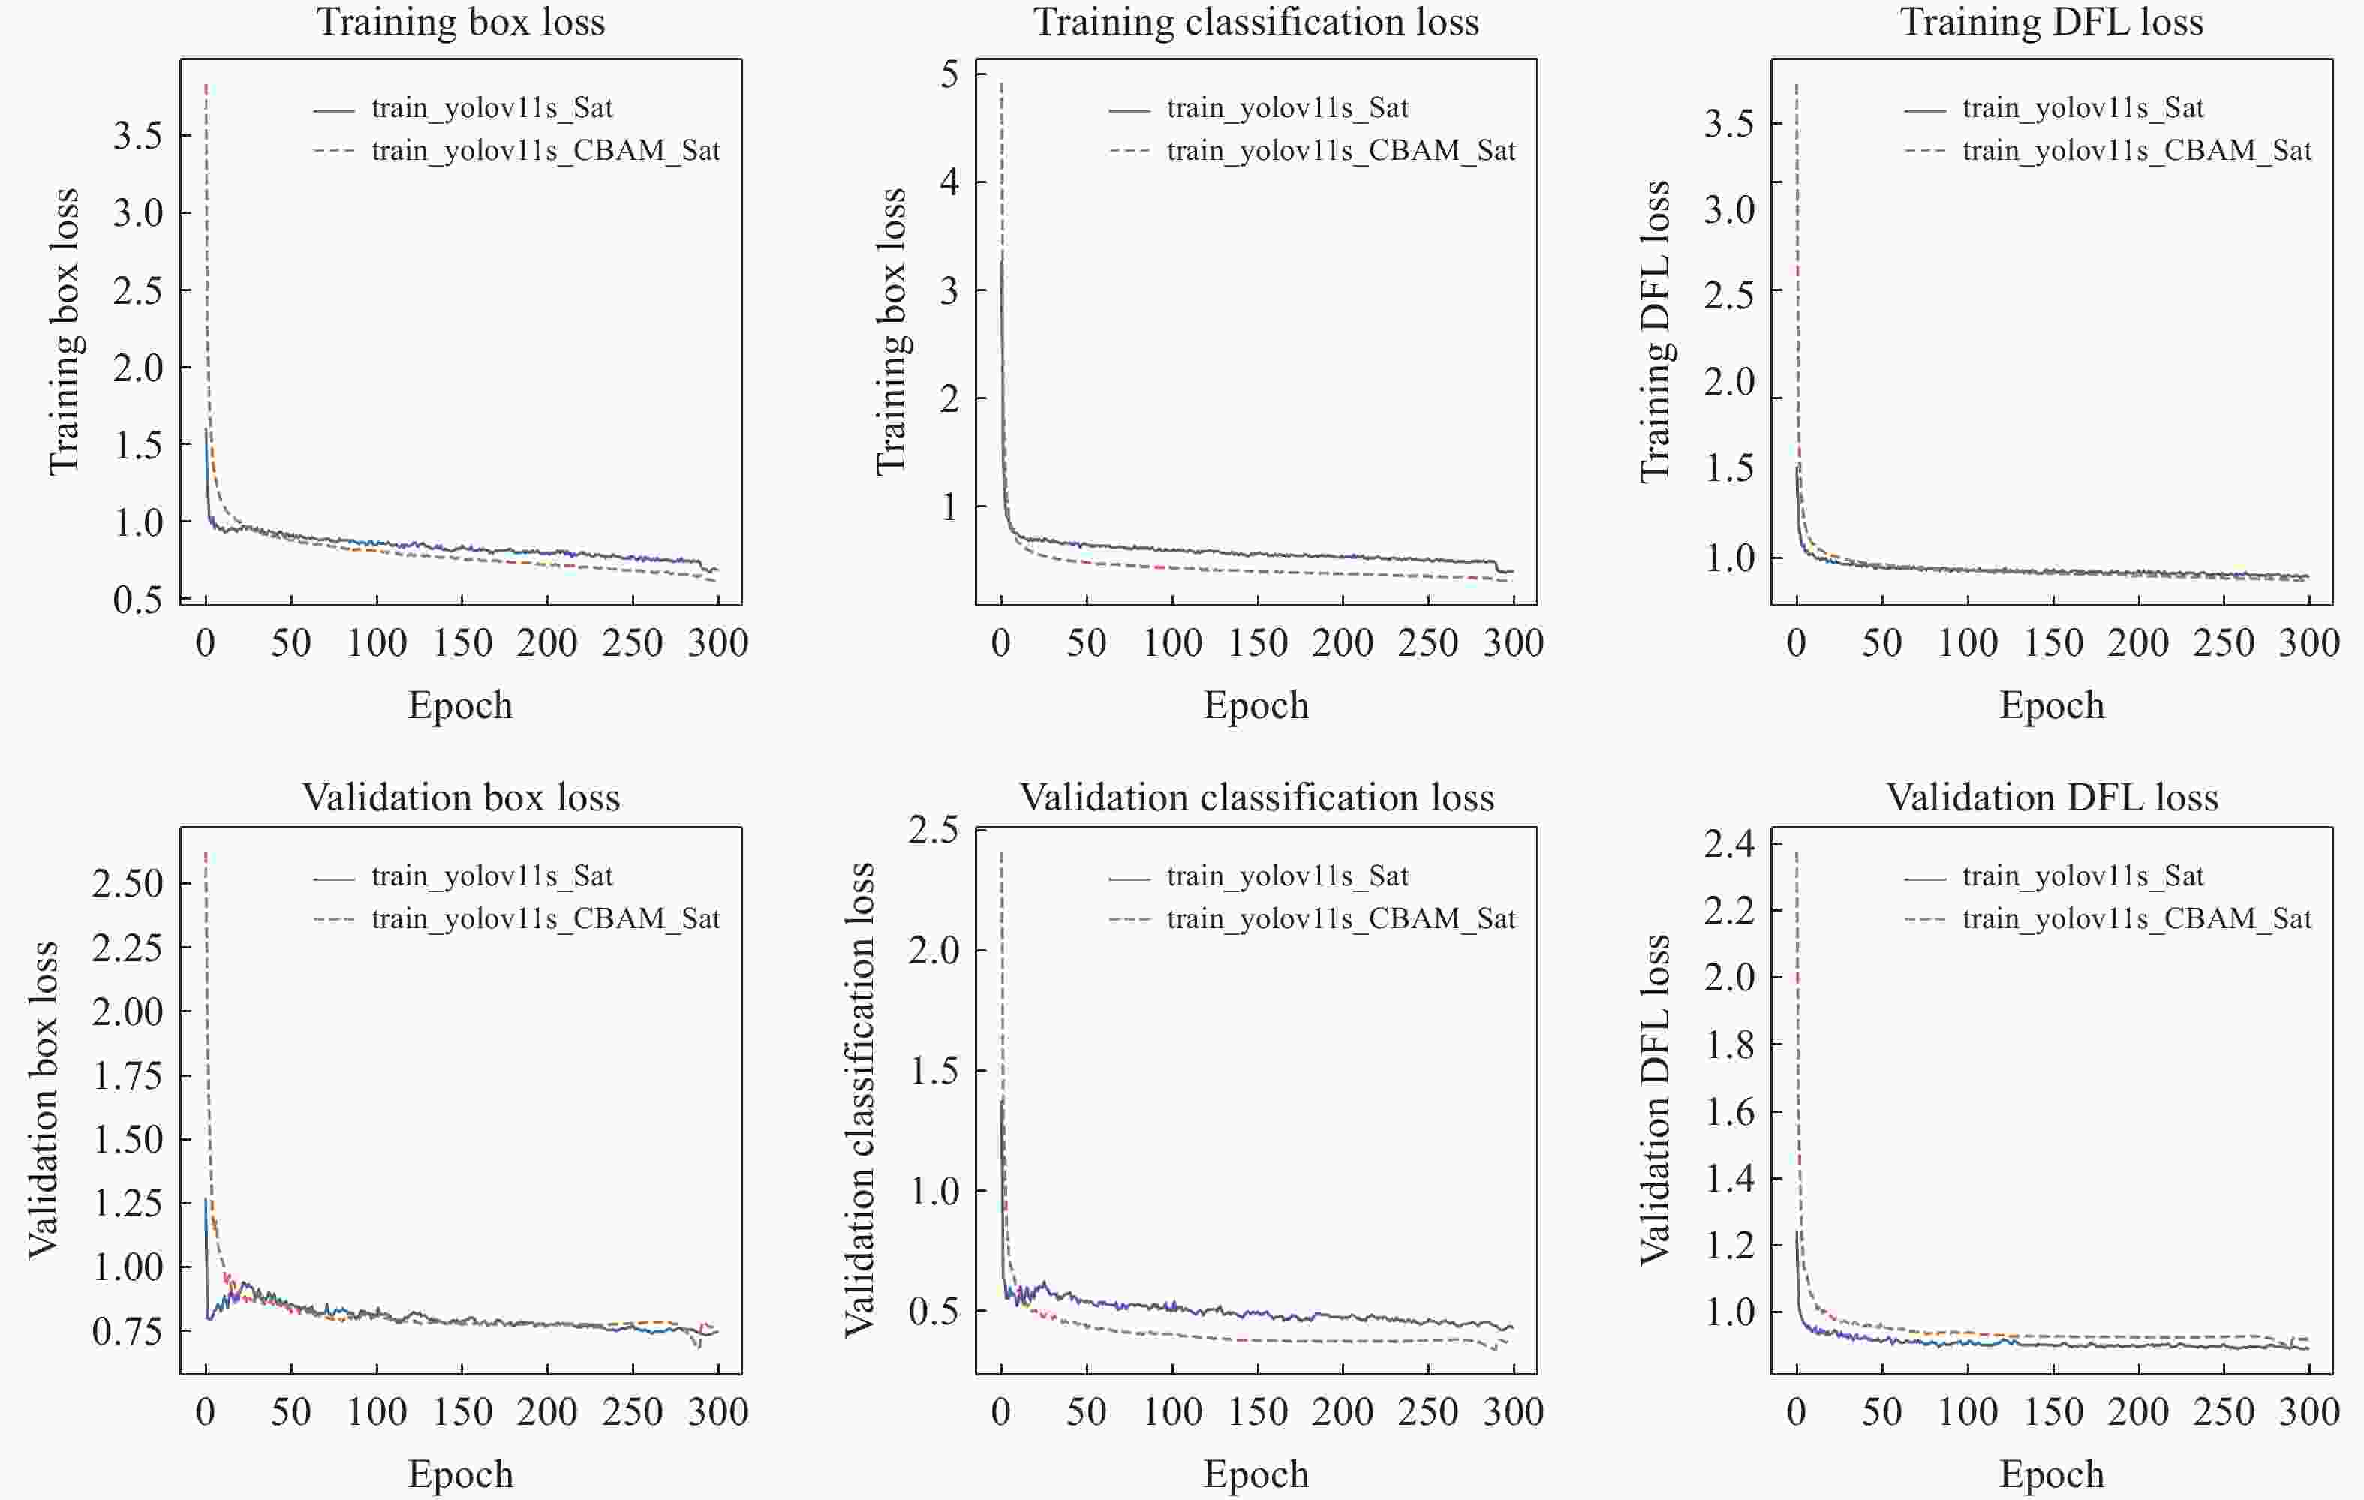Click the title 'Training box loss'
(x=461, y=22)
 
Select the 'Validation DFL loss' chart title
(x=2052, y=797)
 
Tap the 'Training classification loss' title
(x=1256, y=22)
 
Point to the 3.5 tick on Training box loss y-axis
(x=137, y=136)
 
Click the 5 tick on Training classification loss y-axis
(x=949, y=74)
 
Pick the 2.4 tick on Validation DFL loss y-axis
(x=1729, y=844)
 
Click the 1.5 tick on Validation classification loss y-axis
(x=934, y=1071)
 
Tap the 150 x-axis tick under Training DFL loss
(x=2053, y=643)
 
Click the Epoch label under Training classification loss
(x=1256, y=705)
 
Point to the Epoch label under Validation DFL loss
(x=2052, y=1474)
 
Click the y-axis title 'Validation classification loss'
(x=860, y=1099)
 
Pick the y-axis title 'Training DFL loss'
(x=1656, y=332)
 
